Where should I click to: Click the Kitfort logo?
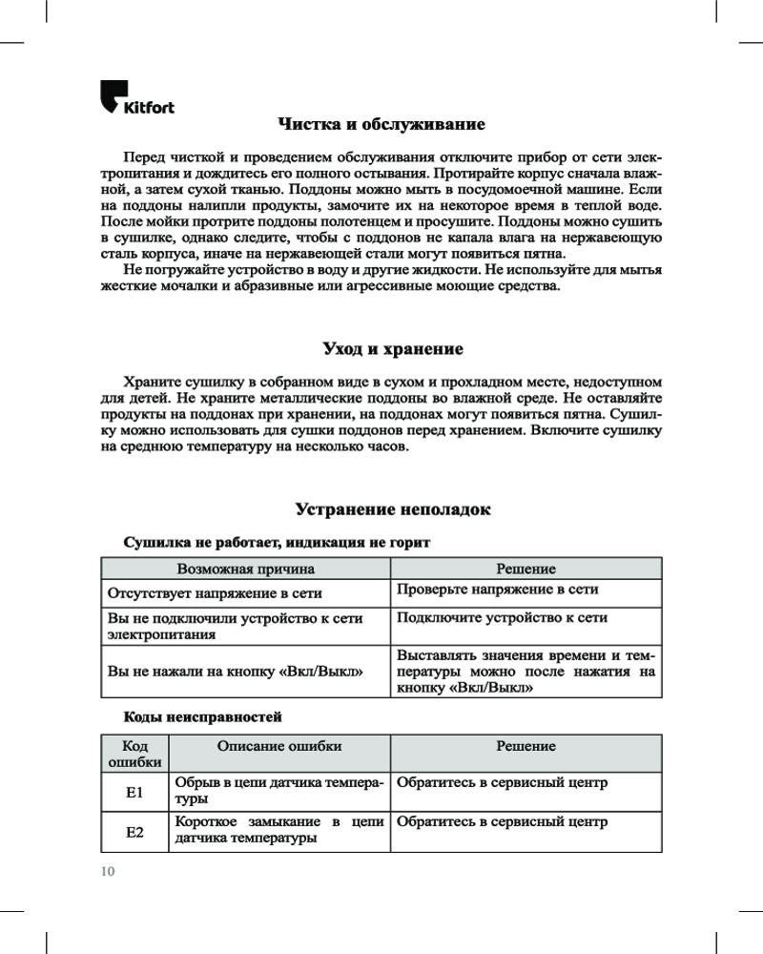point(137,98)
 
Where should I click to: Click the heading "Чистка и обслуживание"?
point(381,125)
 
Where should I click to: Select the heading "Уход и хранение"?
point(381,348)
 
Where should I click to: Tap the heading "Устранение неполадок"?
point(393,509)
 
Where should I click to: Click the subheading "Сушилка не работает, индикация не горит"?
point(278,542)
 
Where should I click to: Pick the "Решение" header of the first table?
point(526,569)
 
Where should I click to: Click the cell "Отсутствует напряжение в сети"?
point(215,592)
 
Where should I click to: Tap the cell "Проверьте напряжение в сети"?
point(498,590)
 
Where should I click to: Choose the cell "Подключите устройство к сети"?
point(502,618)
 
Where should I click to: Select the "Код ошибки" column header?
point(134,754)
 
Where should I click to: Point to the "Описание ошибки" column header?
point(279,746)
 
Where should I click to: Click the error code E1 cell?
point(134,792)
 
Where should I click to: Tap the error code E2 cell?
point(134,832)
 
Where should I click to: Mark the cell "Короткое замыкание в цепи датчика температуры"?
point(279,830)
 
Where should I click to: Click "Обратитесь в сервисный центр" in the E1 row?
point(502,783)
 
